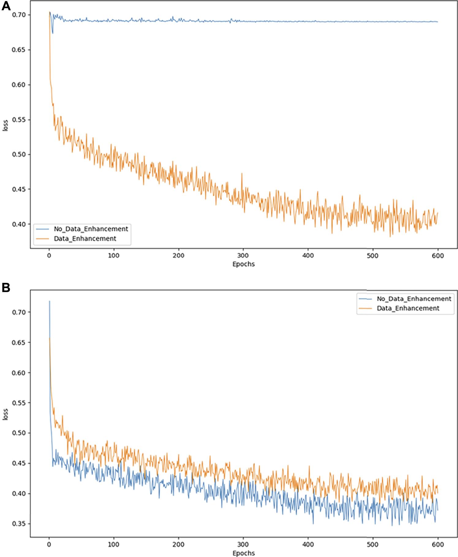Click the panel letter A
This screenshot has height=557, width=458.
point(6,6)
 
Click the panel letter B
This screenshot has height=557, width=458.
point(6,288)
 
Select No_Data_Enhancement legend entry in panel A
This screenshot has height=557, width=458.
point(91,229)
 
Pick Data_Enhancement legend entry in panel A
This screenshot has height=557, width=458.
point(85,239)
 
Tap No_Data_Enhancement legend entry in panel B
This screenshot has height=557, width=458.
point(414,299)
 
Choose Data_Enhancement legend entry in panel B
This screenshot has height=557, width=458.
point(408,308)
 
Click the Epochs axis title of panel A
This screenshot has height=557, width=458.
point(244,264)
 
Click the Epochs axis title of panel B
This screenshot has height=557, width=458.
point(244,553)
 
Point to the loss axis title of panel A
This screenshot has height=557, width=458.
point(5,126)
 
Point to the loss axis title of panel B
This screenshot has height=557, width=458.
point(5,414)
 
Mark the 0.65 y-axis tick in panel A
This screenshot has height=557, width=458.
point(19,50)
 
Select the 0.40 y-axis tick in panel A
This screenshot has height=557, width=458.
point(19,224)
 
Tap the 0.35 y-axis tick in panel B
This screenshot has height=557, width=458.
point(19,524)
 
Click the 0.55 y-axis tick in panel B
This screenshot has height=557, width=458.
point(19,403)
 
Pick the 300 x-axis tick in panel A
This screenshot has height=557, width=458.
point(243,256)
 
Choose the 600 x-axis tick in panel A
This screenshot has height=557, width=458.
point(438,256)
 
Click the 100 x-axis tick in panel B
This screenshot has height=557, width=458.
point(114,544)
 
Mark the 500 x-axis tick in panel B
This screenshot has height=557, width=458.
point(373,544)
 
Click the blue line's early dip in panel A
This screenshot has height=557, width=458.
point(53,33)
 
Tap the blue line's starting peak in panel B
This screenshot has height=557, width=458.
point(49,301)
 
